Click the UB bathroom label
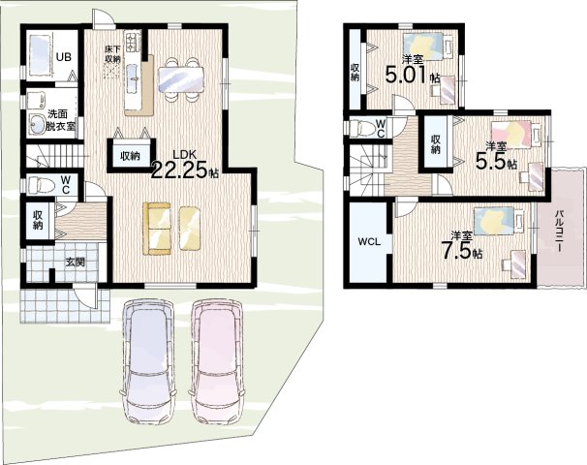[x=63, y=57]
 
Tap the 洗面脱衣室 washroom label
[x=60, y=120]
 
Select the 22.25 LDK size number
[x=179, y=170]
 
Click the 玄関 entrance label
[x=75, y=263]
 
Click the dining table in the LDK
[x=181, y=79]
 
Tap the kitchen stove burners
[x=134, y=43]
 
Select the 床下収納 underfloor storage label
[x=112, y=54]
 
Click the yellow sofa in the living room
[x=157, y=229]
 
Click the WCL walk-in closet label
[x=369, y=242]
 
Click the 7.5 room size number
[x=455, y=250]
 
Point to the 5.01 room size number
[x=406, y=76]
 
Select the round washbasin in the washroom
[x=37, y=122]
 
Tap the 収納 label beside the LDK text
[x=130, y=156]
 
